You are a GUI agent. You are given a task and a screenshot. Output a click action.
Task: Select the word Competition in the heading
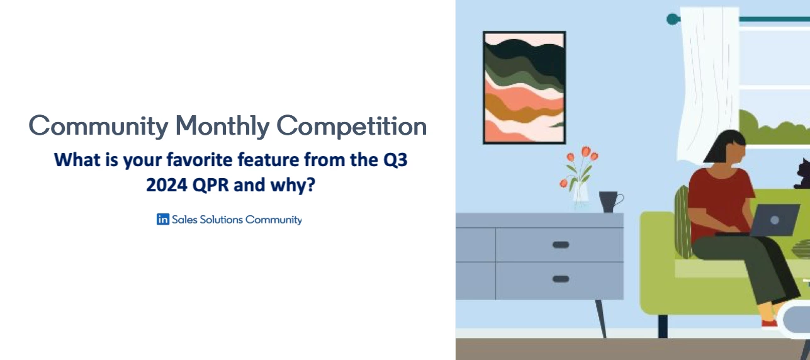352,127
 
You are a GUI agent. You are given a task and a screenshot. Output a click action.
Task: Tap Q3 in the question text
395,160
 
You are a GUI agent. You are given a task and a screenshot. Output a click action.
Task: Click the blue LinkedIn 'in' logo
163,220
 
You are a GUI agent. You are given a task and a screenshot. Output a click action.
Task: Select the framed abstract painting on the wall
524,87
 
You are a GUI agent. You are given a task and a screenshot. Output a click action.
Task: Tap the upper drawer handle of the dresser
560,245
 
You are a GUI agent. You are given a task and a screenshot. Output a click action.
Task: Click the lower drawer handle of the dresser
560,279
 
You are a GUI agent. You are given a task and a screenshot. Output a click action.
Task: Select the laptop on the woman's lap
773,220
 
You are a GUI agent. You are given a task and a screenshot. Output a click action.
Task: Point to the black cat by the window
802,174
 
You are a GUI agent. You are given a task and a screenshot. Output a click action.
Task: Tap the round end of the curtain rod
672,19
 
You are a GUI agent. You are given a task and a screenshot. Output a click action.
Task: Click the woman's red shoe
769,324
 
